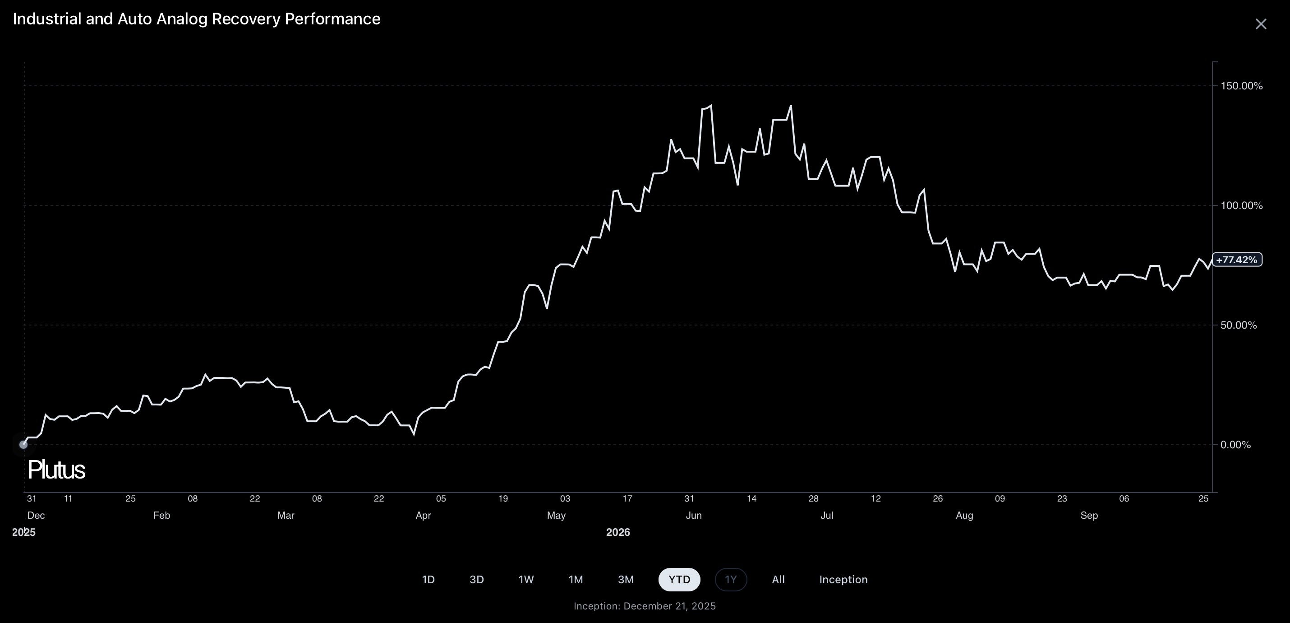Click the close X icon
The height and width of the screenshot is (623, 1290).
click(1260, 24)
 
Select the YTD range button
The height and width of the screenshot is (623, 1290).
click(679, 579)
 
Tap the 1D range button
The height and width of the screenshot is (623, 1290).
click(428, 579)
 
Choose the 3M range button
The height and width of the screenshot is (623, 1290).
click(626, 579)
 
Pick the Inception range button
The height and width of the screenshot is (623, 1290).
click(843, 579)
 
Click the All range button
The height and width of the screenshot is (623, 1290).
click(778, 579)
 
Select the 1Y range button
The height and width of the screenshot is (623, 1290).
click(731, 579)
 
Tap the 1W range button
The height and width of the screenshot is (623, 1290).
click(526, 579)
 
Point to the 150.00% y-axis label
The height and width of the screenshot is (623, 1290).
click(1241, 86)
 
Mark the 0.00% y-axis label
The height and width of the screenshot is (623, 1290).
click(1235, 445)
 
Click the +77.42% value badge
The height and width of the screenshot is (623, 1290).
click(1236, 260)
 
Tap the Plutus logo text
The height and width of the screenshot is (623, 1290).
click(56, 470)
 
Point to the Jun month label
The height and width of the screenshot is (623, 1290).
click(694, 515)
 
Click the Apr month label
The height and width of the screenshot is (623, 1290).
click(423, 515)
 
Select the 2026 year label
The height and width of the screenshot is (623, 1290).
click(618, 532)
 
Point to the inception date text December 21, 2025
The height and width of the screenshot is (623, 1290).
click(669, 606)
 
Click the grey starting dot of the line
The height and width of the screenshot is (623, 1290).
click(23, 445)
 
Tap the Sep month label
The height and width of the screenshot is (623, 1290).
click(1089, 515)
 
